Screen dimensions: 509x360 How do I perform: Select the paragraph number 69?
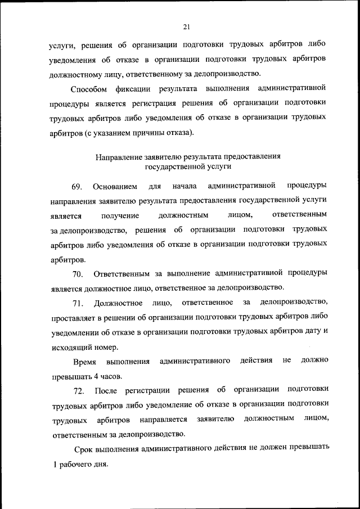(77, 186)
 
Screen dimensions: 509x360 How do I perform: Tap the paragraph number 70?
(78, 274)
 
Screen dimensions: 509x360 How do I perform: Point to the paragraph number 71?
(78, 304)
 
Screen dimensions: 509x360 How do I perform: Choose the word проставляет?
(75, 318)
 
